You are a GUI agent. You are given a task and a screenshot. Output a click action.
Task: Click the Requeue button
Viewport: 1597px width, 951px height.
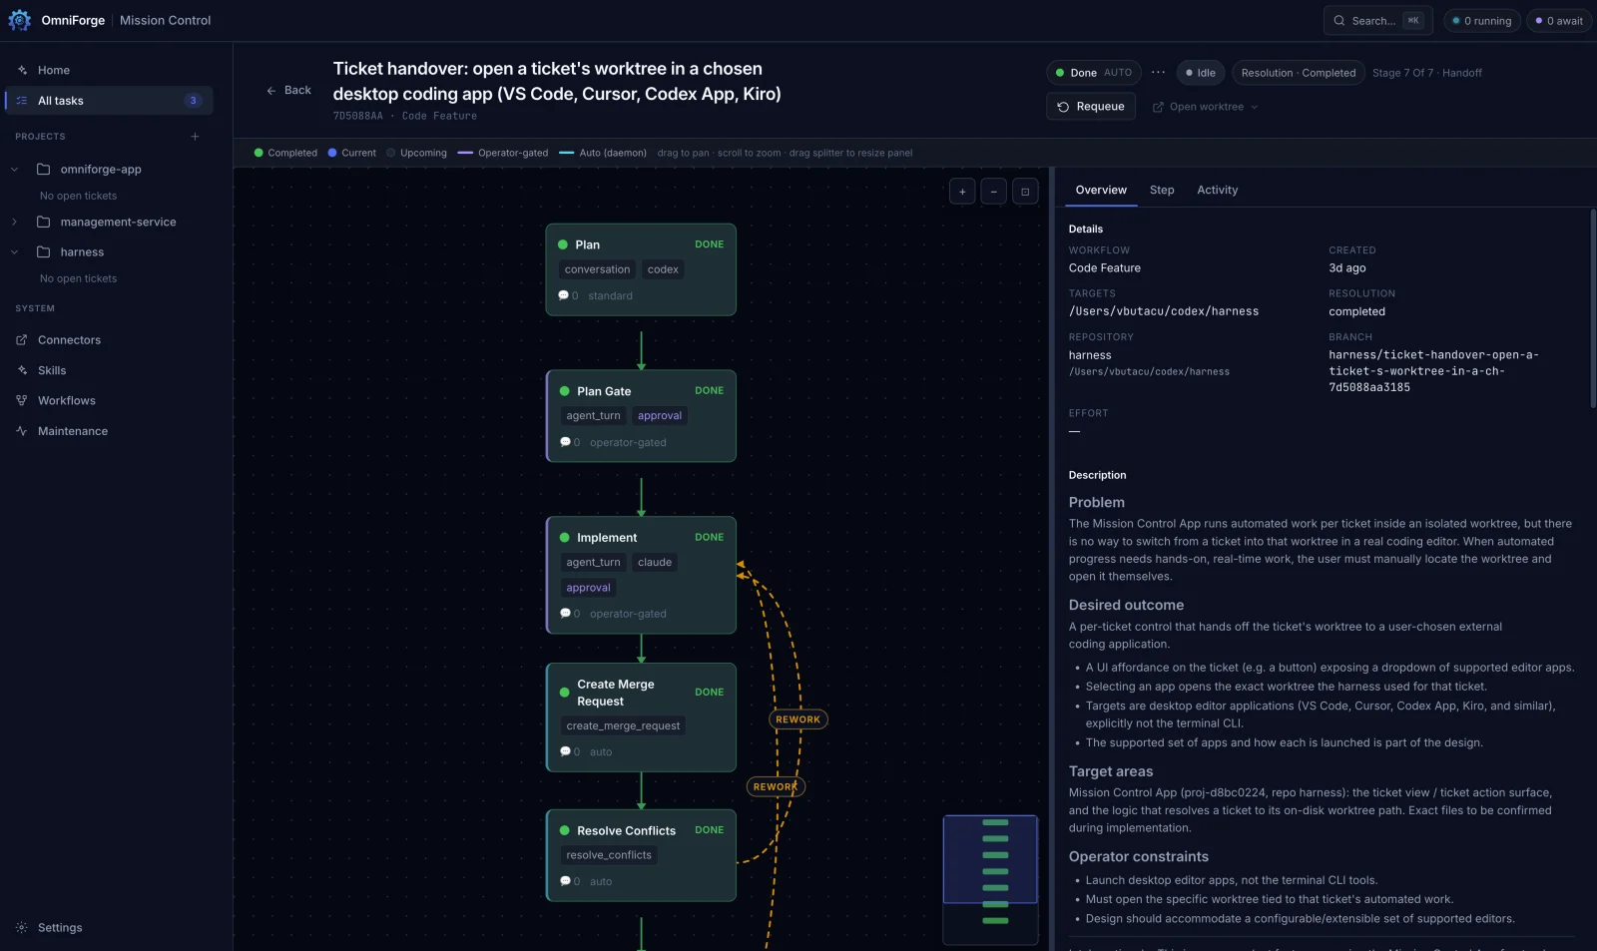[1090, 106]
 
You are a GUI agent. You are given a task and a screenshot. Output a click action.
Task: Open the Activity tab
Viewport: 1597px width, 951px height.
[1217, 190]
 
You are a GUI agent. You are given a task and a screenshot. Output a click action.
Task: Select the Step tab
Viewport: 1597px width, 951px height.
[1162, 190]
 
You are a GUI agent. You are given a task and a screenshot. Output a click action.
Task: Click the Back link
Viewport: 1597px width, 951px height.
[288, 90]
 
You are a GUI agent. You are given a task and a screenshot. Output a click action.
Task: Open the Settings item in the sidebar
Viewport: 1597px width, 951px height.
[60, 927]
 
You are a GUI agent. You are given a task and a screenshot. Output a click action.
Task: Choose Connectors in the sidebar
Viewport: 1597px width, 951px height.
[69, 340]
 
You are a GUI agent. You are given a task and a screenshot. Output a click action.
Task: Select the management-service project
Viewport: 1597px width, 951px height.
[119, 222]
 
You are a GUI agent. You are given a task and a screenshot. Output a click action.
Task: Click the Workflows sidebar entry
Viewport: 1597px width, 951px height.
[66, 400]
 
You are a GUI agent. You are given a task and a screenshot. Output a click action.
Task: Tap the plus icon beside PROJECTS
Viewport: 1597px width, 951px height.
[195, 136]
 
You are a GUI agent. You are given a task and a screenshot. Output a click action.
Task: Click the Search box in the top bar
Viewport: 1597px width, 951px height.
[1377, 21]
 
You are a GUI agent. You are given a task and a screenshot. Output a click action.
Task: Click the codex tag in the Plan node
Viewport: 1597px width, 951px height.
[663, 269]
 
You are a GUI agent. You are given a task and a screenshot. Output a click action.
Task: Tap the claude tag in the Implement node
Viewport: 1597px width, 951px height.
[655, 563]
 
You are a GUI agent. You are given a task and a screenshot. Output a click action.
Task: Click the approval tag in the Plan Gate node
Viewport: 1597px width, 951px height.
[660, 415]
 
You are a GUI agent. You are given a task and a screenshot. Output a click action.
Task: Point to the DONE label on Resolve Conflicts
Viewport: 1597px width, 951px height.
[709, 830]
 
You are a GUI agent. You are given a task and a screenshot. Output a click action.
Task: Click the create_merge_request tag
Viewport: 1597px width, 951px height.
[623, 725]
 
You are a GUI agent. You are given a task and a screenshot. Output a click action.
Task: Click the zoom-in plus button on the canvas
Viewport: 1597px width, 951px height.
[962, 191]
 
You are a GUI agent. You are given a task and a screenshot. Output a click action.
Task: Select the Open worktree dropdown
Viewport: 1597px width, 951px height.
[1205, 107]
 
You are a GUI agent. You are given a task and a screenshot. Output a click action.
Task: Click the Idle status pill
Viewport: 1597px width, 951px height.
[1200, 73]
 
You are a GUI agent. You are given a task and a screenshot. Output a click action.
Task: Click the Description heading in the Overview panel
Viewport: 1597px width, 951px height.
[1097, 475]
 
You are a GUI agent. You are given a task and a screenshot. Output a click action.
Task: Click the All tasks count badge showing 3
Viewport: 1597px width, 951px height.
[193, 101]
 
